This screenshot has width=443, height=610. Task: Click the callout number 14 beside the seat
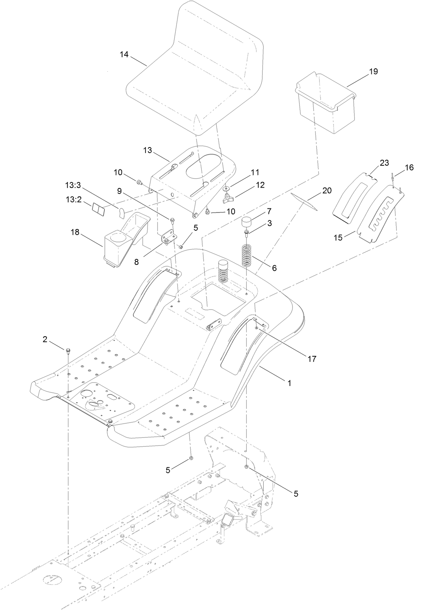point(124,55)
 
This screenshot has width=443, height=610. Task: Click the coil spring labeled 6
point(247,255)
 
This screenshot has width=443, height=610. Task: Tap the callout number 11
point(255,172)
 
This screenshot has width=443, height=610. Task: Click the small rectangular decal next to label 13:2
point(99,209)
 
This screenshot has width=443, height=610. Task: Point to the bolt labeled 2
point(68,350)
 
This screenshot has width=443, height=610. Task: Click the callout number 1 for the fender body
point(290,382)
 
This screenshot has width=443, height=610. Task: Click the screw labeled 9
point(173,221)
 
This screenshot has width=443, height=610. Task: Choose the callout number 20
point(327,191)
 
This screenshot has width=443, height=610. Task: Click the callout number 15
point(338,238)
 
